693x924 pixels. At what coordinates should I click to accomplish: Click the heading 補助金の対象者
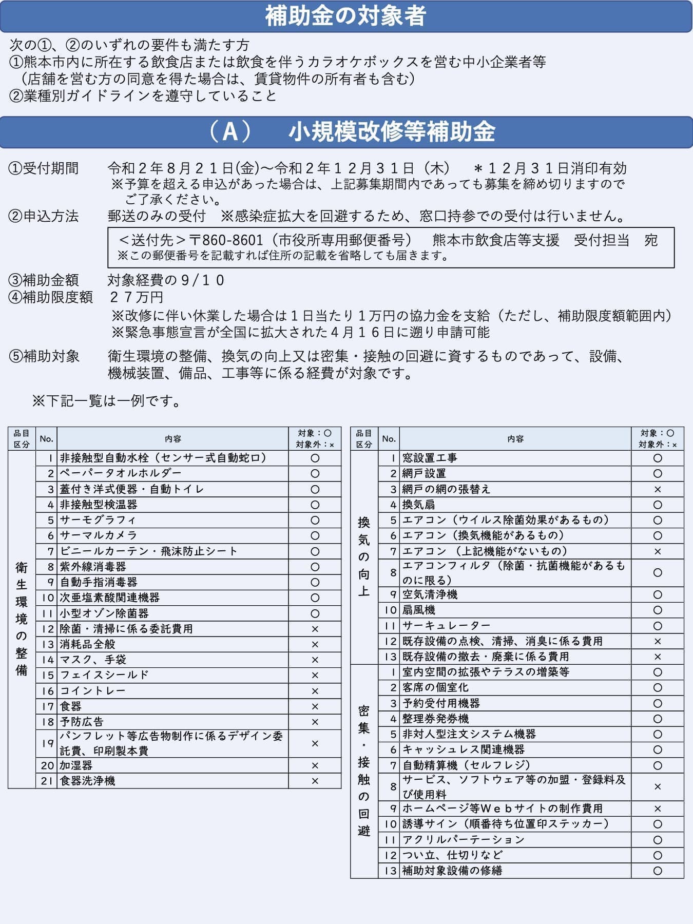345,16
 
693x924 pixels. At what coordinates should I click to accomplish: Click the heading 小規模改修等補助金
391,132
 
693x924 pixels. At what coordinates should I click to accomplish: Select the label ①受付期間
44,168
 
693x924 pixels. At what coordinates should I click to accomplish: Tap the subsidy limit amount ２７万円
137,297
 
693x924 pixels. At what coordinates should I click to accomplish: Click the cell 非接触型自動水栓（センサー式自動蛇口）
164,458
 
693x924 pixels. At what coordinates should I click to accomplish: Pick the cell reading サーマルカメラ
99,535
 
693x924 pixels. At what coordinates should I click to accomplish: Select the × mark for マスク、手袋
315,660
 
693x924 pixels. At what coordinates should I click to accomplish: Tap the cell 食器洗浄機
87,781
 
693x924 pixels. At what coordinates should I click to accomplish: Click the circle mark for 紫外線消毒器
315,567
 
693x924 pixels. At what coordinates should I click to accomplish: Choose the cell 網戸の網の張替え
446,489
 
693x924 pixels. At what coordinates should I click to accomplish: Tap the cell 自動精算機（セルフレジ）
466,765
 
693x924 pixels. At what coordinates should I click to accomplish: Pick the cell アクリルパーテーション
463,840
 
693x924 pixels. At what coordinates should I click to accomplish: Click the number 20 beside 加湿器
47,765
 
